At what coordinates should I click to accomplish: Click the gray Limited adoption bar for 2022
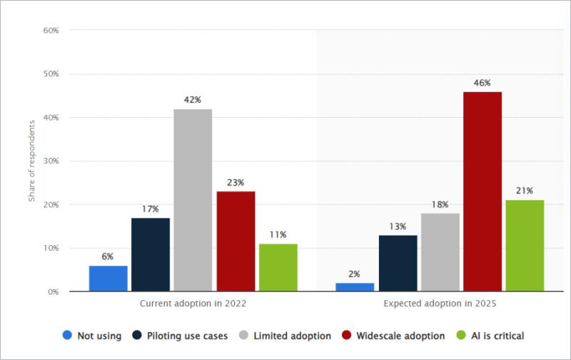pyautogui.click(x=193, y=200)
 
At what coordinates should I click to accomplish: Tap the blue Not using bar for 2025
pyautogui.click(x=355, y=287)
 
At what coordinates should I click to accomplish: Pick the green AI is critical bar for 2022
pyautogui.click(x=278, y=267)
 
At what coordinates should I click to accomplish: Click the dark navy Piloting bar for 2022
pyautogui.click(x=151, y=254)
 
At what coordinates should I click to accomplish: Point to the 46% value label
pyautogui.click(x=482, y=83)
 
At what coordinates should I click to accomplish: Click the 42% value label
pyautogui.click(x=193, y=100)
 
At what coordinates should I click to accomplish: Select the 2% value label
pyautogui.click(x=355, y=274)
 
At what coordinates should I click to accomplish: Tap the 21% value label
pyautogui.click(x=525, y=191)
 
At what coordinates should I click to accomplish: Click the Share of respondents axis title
pyautogui.click(x=32, y=161)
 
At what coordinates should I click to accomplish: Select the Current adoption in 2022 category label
pyautogui.click(x=193, y=304)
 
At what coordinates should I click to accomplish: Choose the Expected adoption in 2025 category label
pyautogui.click(x=440, y=304)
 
